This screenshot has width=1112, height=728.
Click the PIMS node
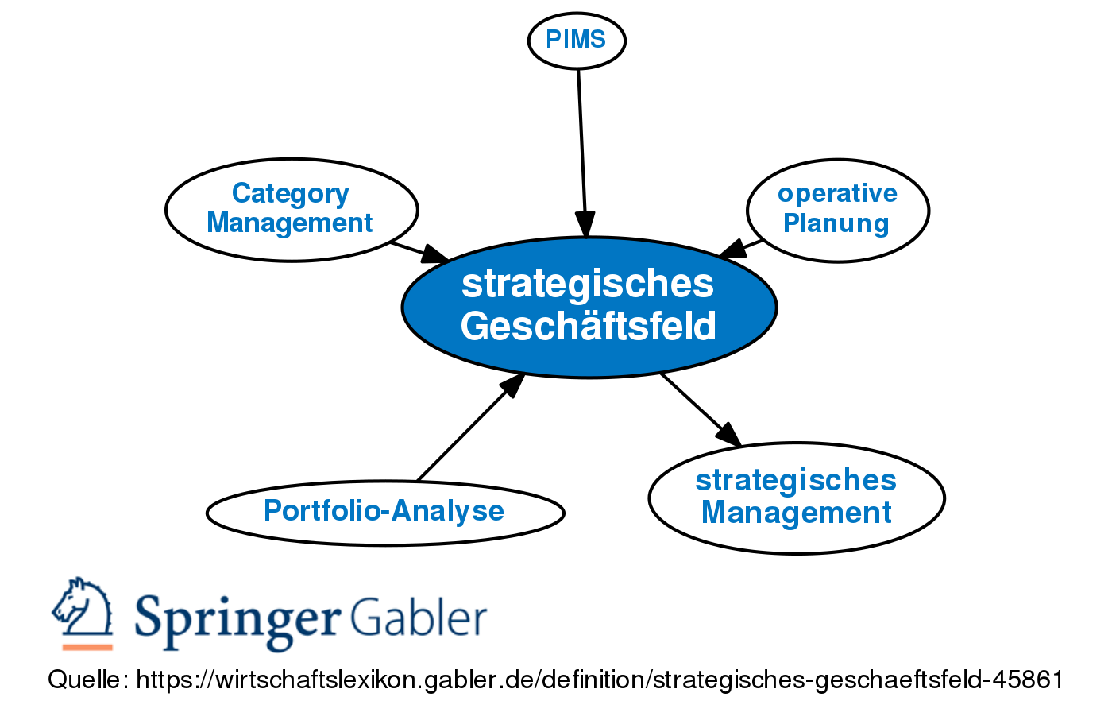click(x=577, y=40)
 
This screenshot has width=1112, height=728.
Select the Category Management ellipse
click(x=292, y=209)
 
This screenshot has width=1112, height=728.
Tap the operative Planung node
click(x=837, y=210)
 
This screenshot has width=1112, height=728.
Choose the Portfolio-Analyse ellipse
click(x=385, y=512)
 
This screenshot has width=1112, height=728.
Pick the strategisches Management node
click(x=796, y=498)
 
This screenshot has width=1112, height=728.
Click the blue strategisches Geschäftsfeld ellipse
click(x=589, y=306)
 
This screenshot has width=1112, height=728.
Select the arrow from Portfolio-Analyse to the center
click(x=469, y=429)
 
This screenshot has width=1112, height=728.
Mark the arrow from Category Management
click(x=417, y=251)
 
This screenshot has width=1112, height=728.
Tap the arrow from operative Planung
click(x=743, y=247)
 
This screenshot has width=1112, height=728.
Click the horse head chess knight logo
click(x=83, y=606)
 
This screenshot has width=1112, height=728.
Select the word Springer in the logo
click(x=237, y=618)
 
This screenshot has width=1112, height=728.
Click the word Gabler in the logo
click(x=419, y=618)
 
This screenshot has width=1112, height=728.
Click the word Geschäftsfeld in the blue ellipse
click(x=589, y=326)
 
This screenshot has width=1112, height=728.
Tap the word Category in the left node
click(x=290, y=193)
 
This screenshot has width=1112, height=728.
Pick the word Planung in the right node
click(x=836, y=223)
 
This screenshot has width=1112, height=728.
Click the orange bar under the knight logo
click(x=87, y=647)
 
